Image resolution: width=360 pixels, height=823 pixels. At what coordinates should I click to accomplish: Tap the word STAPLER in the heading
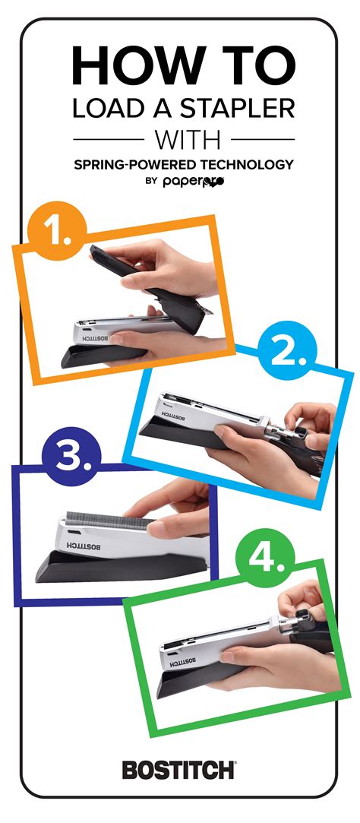[x=242, y=109]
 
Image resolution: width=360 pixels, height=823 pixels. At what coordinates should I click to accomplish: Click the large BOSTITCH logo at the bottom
[x=179, y=769]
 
